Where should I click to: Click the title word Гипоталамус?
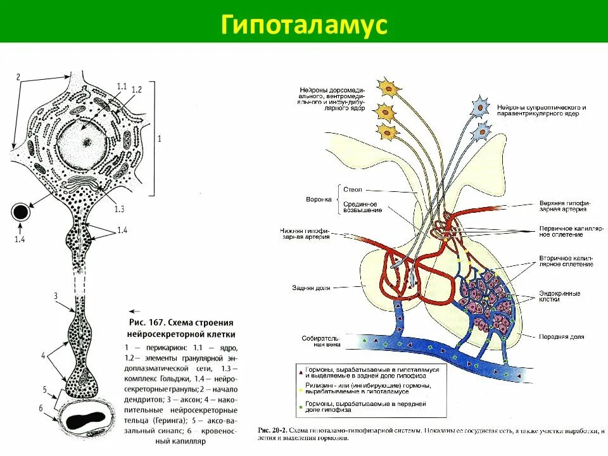[x=303, y=25]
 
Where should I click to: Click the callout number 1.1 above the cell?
[x=122, y=86]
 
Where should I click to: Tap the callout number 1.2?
[x=137, y=90]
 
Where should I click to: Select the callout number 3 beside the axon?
[x=56, y=296]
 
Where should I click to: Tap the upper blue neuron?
[x=483, y=106]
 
